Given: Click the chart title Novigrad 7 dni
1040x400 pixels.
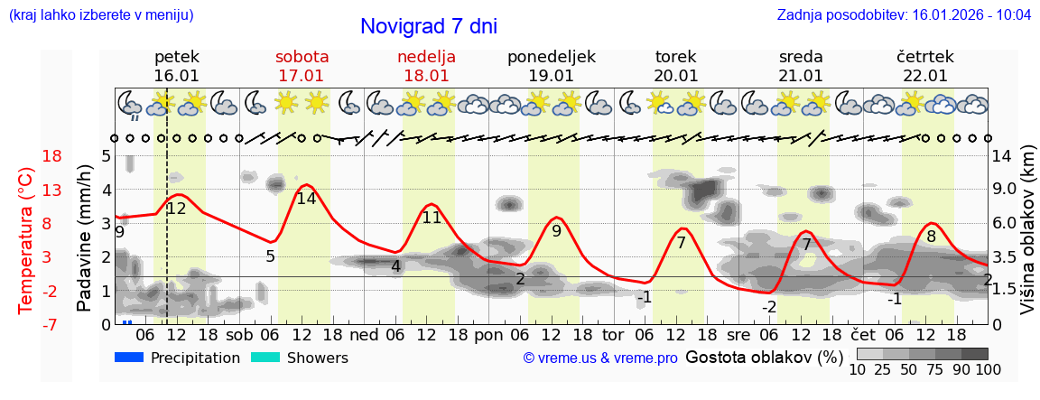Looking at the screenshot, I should tap(428, 27).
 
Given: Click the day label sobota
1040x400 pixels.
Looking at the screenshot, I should tap(302, 57).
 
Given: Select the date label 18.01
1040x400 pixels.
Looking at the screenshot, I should tap(426, 76).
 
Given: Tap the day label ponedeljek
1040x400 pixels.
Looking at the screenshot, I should tap(551, 57).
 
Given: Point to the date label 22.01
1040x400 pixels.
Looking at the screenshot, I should tap(924, 76).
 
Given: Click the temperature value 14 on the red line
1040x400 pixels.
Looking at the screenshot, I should tap(306, 199).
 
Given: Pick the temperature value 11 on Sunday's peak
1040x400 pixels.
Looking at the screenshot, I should tap(432, 218).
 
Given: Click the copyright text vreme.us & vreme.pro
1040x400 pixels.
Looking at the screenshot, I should tap(600, 358).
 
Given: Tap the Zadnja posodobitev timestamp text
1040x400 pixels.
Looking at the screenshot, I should tap(904, 15).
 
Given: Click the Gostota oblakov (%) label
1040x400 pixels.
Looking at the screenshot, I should tap(764, 357).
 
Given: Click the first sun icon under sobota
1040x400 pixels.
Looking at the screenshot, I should tap(286, 103).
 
